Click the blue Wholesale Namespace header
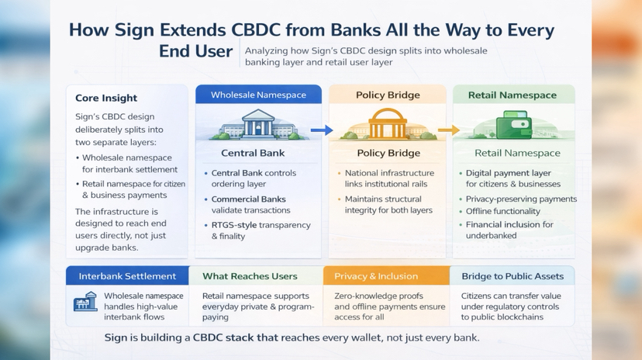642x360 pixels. click(x=258, y=95)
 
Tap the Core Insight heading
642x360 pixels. click(x=106, y=98)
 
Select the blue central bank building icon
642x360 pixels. click(x=258, y=125)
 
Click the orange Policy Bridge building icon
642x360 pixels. click(x=387, y=124)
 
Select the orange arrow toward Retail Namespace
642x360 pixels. click(x=448, y=130)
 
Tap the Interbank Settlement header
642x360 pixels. click(x=127, y=275)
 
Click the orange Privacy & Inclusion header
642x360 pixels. click(x=376, y=275)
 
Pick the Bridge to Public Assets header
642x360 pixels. click(x=512, y=275)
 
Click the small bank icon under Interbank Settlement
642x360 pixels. click(x=85, y=302)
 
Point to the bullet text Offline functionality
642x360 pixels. click(x=503, y=211)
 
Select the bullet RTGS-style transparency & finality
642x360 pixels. click(x=261, y=230)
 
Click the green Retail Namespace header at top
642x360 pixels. click(x=513, y=95)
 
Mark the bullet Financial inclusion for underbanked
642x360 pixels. click(x=509, y=230)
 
